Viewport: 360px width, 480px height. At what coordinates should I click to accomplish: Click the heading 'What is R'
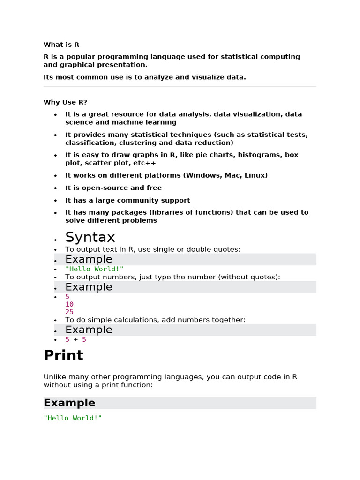pos(61,45)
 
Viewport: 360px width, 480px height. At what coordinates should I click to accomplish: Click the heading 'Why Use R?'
pos(65,102)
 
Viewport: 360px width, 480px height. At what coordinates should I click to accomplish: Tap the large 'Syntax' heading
pos(90,237)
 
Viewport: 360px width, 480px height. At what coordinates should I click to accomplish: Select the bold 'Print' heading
pos(63,355)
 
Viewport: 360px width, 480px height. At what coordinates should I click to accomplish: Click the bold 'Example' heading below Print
pos(69,403)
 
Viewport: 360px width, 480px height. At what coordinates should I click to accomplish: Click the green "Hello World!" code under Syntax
pos(94,269)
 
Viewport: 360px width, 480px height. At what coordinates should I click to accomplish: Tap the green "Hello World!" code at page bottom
pos(73,418)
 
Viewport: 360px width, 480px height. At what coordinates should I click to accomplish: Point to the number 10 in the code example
pos(69,304)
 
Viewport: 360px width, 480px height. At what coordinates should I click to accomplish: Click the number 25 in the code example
pos(69,312)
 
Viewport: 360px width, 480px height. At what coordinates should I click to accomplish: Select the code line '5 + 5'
pos(75,339)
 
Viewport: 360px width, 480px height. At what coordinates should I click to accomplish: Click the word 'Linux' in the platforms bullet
pos(255,175)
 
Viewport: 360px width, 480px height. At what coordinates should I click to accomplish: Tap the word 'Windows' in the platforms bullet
pos(202,175)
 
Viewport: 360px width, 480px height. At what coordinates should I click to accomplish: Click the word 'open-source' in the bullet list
pos(114,187)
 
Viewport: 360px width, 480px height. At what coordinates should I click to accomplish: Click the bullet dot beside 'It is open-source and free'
pos(55,188)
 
